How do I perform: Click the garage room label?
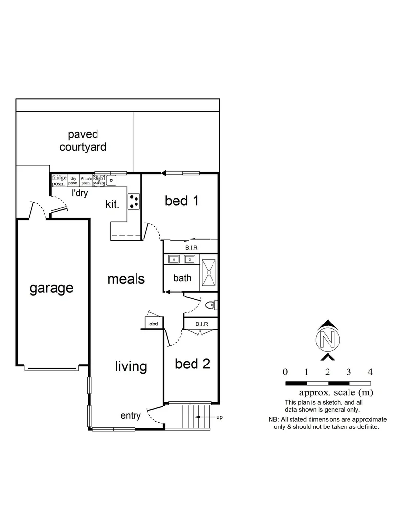(52, 288)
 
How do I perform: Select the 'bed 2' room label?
(193, 364)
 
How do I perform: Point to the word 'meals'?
(126, 279)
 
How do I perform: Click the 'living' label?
(131, 366)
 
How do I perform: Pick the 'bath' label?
(182, 278)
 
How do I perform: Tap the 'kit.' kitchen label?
(113, 204)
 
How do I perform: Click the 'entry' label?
(131, 416)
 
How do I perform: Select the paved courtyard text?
(83, 141)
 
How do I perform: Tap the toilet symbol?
(211, 305)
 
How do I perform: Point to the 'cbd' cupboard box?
(154, 323)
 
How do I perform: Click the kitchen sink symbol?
(112, 181)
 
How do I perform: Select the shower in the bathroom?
(209, 272)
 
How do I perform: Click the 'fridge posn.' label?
(59, 181)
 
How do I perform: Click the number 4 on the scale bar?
(370, 372)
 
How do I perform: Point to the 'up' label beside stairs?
(220, 417)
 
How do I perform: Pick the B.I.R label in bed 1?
(190, 248)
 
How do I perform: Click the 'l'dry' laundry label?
(81, 194)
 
